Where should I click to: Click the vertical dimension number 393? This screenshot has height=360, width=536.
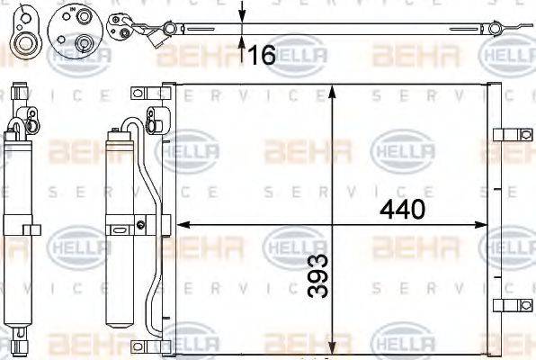tap(317, 277)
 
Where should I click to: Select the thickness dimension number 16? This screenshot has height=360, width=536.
tap(262, 56)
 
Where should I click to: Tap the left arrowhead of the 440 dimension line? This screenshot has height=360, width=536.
tap(180, 225)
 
